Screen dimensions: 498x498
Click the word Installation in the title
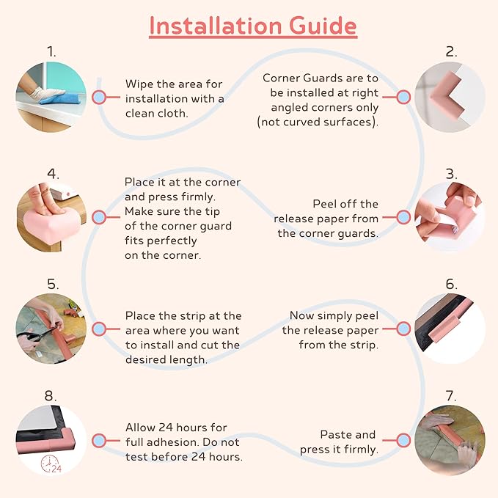click(x=216, y=26)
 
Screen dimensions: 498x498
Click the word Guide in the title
click(x=323, y=26)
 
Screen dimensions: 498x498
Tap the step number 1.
click(x=51, y=52)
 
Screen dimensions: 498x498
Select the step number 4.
click(x=53, y=174)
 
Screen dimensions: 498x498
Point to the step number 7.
click(x=451, y=396)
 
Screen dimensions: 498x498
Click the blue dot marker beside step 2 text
click(x=403, y=98)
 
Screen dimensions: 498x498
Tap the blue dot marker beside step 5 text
click(x=99, y=329)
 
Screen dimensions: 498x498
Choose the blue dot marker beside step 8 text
click(x=99, y=441)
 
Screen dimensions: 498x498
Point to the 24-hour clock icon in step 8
click(x=51, y=464)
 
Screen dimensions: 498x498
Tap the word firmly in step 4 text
click(x=199, y=197)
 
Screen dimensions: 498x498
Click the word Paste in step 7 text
click(x=334, y=434)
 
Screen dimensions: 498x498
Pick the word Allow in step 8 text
click(x=139, y=428)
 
